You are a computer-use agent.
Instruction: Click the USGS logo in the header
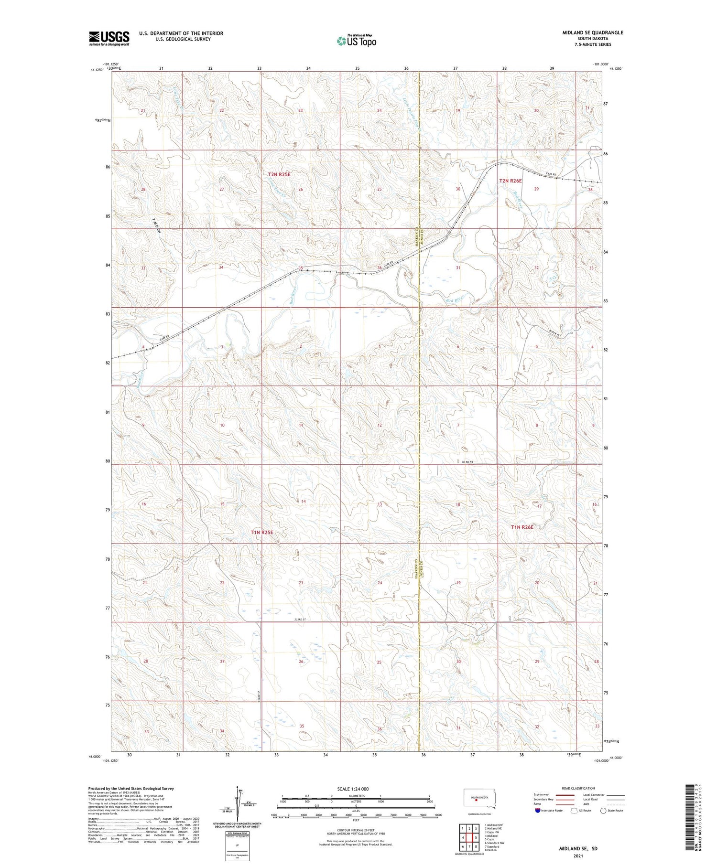pos(109,38)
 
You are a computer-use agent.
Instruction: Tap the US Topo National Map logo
pos(356,41)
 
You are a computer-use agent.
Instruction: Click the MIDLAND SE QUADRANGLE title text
pos(592,32)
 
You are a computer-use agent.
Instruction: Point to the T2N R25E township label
pos(279,175)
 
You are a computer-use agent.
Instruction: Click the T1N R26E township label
pos(522,527)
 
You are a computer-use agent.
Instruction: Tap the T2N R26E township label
pos(511,181)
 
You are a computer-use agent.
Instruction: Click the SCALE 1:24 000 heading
pos(353,789)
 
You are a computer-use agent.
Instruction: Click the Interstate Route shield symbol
pos(538,811)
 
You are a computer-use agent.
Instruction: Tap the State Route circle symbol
pos(604,811)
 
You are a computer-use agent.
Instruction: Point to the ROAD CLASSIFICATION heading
pos(578,788)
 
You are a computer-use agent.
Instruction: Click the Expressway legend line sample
pos(565,795)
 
